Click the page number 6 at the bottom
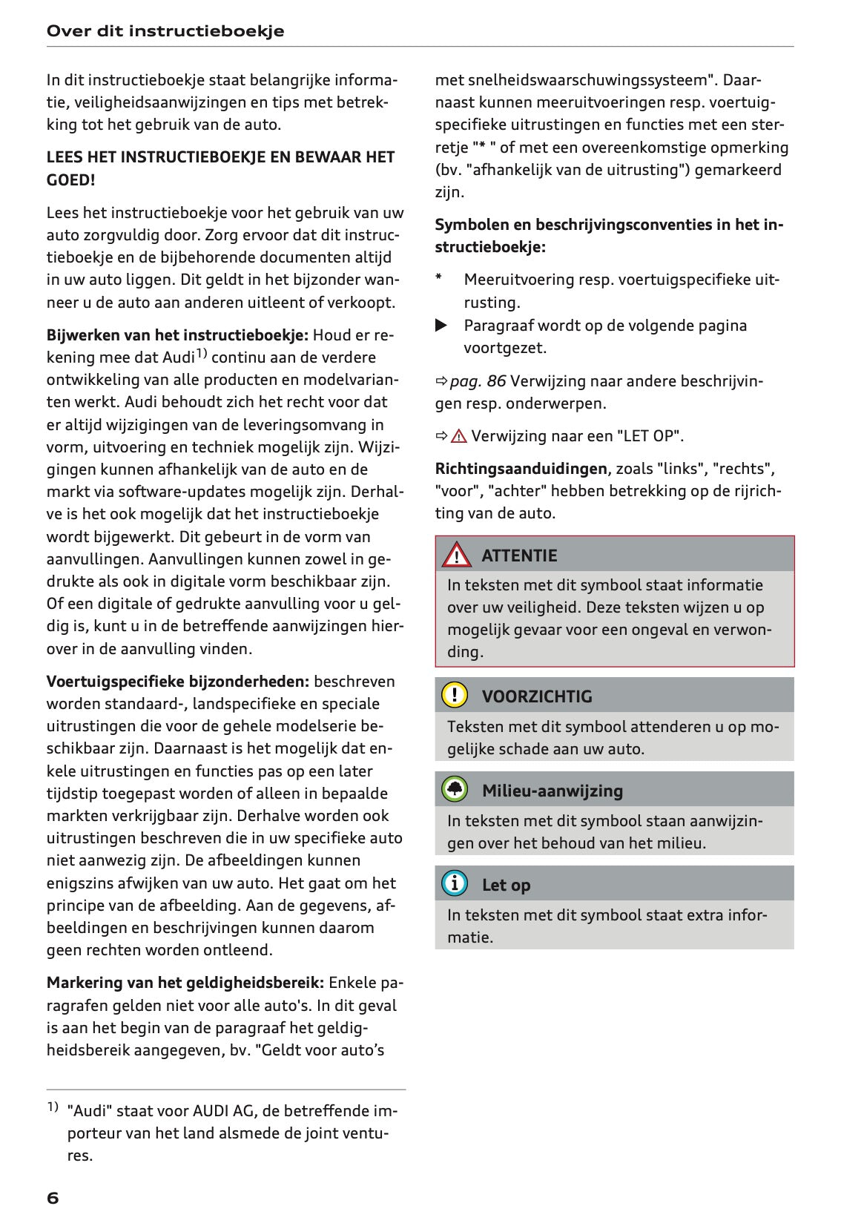pos(53,1198)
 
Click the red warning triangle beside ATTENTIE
pos(455,555)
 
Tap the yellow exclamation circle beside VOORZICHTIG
pos(455,696)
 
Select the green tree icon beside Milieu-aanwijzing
pos(455,790)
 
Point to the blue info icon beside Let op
pos(455,884)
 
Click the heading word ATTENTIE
pos(519,556)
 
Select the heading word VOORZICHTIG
pos(537,696)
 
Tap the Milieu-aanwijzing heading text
pos(553,791)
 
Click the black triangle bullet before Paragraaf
pos(441,326)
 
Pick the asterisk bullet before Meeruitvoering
pos(439,279)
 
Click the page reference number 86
pos(496,381)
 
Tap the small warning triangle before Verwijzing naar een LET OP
pos(458,436)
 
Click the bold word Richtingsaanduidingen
pos(521,469)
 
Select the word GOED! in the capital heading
pos(70,179)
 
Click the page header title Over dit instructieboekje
pos(165,31)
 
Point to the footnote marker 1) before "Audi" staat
pos(53,1107)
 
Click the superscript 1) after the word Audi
pos(201,353)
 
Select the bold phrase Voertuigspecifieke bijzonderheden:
pos(178,682)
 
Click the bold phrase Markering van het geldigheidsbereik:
pos(185,983)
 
